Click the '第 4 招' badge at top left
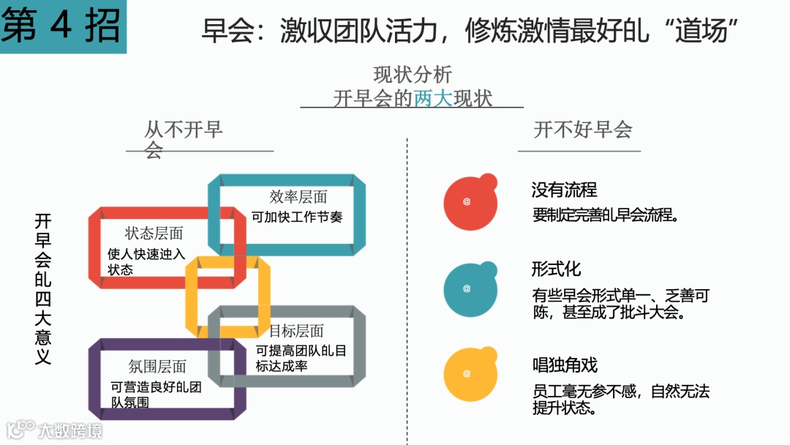[62, 26]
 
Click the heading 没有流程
[564, 190]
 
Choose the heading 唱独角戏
[565, 364]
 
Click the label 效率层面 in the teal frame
[298, 197]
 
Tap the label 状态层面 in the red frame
[154, 233]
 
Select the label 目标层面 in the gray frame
[296, 331]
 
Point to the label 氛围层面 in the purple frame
[157, 366]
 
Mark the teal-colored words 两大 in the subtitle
[433, 98]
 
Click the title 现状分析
[413, 75]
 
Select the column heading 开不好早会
[582, 130]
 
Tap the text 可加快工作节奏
[297, 217]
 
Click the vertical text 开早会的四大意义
[42, 289]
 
